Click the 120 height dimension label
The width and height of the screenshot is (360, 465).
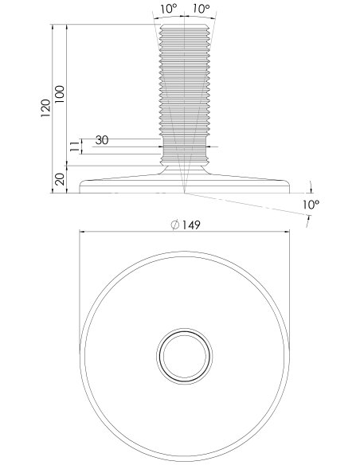(x=45, y=108)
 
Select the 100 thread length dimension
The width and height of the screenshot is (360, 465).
(x=60, y=94)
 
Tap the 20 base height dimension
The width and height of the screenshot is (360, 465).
(x=61, y=179)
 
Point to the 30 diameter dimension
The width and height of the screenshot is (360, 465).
(x=102, y=140)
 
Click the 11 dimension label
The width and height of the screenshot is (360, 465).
(x=75, y=147)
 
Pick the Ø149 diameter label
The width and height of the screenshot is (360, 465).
(x=186, y=225)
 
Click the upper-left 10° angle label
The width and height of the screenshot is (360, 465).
(x=168, y=9)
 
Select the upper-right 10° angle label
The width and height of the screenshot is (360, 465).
(x=202, y=9)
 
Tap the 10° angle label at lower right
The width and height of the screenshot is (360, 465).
(x=311, y=205)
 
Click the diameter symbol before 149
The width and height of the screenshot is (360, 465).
(x=175, y=225)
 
